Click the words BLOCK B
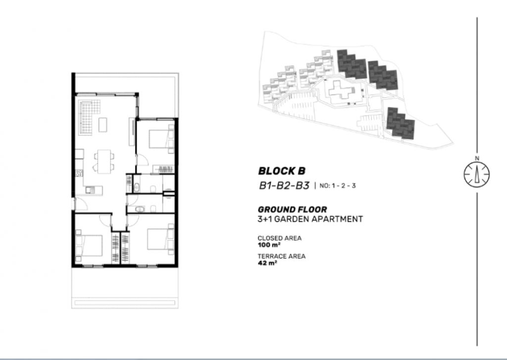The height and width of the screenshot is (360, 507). tap(282, 171)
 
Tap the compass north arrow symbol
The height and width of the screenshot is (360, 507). tap(477, 174)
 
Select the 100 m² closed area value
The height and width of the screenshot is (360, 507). tap(269, 245)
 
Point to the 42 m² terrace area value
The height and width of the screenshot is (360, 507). tap(267, 263)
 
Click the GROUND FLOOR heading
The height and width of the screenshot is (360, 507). tap(292, 209)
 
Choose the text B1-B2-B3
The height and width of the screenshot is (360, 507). tap(284, 186)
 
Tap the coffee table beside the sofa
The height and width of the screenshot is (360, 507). tap(103, 125)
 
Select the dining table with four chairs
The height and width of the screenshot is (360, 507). tap(104, 161)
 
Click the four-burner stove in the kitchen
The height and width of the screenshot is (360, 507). tap(79, 173)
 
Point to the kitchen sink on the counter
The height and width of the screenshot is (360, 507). tap(91, 190)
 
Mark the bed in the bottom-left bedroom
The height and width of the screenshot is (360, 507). tap(89, 245)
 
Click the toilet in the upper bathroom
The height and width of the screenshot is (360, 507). tap(153, 189)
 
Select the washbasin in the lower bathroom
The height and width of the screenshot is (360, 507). tap(140, 209)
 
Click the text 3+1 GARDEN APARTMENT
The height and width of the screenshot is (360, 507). tap(310, 219)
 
